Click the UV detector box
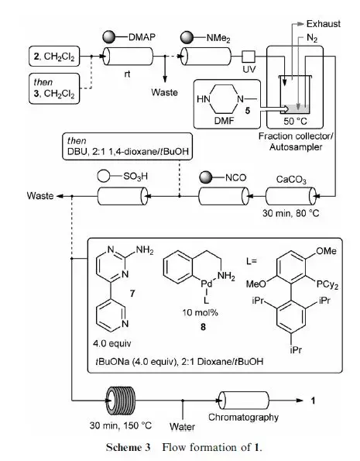tap(249, 56)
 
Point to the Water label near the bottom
tap(183, 425)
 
